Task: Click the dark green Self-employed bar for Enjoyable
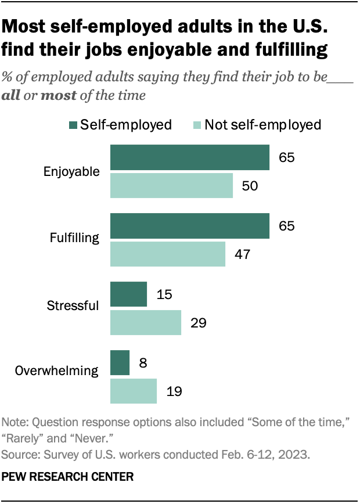[190, 157]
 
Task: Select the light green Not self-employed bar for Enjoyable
[171, 186]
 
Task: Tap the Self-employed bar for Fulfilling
[190, 226]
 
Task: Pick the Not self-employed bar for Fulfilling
[168, 254]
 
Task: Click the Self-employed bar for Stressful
[128, 294]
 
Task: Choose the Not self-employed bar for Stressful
[146, 322]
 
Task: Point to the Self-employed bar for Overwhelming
[120, 363]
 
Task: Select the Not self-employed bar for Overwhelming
[134, 391]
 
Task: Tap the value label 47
[241, 254]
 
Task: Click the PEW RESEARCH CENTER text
[68, 476]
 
